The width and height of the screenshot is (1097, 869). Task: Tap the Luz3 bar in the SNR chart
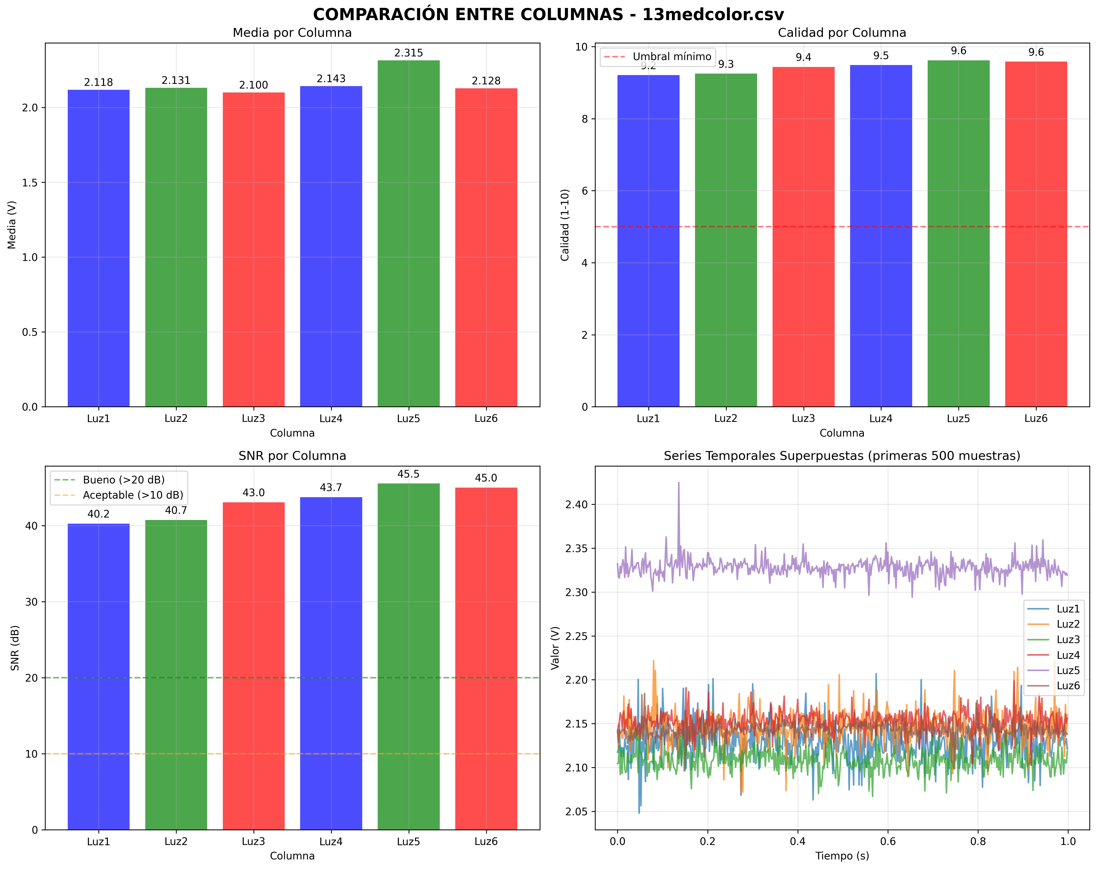tap(253, 666)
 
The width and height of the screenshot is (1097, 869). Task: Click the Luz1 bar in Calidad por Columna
tap(648, 242)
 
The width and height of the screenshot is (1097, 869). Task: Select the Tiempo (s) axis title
tap(842, 856)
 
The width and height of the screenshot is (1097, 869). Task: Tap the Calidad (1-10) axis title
tap(565, 225)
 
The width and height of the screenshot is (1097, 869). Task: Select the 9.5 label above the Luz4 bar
tap(881, 56)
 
